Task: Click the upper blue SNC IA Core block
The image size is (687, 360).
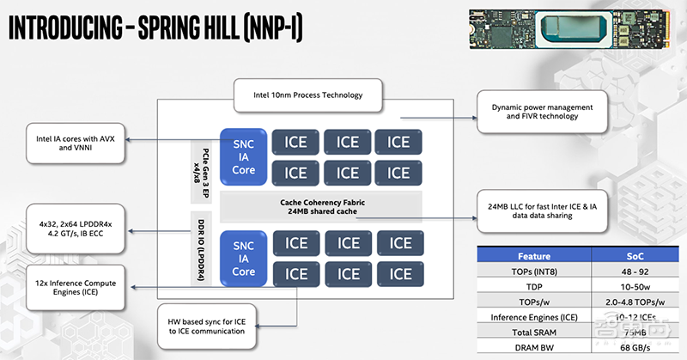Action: (x=243, y=157)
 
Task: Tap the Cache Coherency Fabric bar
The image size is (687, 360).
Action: (x=322, y=206)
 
